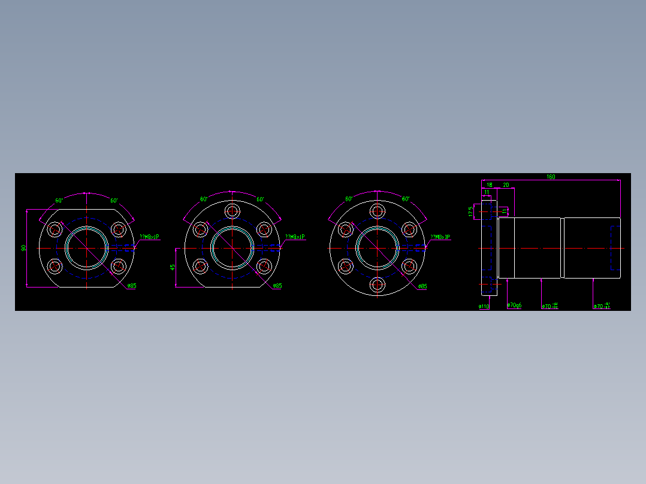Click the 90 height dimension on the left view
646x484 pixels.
click(23, 248)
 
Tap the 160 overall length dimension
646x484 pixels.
click(550, 177)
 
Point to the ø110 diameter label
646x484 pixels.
click(484, 306)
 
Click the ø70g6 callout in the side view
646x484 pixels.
click(514, 305)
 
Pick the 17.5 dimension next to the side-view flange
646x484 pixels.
click(470, 211)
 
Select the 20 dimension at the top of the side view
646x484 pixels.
click(506, 184)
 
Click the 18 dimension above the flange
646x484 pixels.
click(489, 184)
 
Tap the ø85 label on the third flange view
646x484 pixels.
click(422, 286)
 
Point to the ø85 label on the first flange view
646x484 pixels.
click(131, 286)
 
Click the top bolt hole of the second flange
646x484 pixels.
click(232, 211)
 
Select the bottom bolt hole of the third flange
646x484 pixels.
click(377, 285)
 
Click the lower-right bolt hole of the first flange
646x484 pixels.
click(118, 266)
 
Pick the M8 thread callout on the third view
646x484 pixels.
click(440, 237)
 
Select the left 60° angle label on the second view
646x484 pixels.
click(204, 199)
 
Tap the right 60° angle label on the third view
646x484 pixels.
click(406, 199)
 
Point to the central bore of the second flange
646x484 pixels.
click(232, 247)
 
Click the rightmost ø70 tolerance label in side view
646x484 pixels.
click(602, 306)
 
